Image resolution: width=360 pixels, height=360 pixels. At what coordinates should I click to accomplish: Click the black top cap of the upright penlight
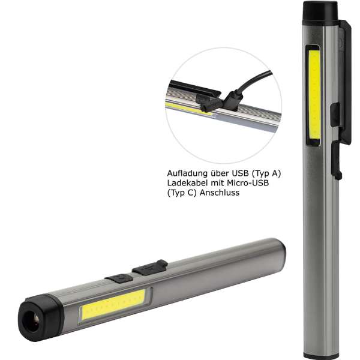pyautogui.click(x=319, y=11)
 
